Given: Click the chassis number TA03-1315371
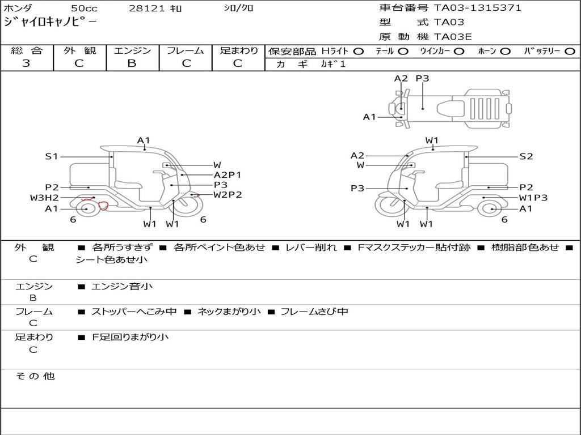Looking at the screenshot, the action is [478, 8].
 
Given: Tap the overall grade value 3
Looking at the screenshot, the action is [26, 63].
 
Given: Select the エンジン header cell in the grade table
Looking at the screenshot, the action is [132, 50].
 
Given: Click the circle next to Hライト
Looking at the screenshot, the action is [359, 52].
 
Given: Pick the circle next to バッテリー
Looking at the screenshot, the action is [570, 52].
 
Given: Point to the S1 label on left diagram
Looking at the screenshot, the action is [52, 156].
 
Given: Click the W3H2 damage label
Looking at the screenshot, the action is [44, 198].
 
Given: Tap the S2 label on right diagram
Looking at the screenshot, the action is [526, 156].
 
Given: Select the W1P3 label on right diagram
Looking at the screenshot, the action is [533, 198].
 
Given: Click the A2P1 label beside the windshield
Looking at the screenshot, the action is [227, 175].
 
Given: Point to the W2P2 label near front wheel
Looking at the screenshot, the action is [228, 195].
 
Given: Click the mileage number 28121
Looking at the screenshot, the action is [146, 8].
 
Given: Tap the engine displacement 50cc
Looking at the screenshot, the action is [84, 8].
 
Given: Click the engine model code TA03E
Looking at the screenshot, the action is [452, 37].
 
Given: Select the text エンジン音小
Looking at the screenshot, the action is [122, 286].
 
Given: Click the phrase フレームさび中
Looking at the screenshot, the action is [314, 312].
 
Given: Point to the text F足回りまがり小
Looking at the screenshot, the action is [130, 337].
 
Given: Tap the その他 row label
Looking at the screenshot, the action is [35, 376].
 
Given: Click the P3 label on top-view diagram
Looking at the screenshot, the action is [422, 78].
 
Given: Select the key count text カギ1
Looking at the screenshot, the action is [332, 64].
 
